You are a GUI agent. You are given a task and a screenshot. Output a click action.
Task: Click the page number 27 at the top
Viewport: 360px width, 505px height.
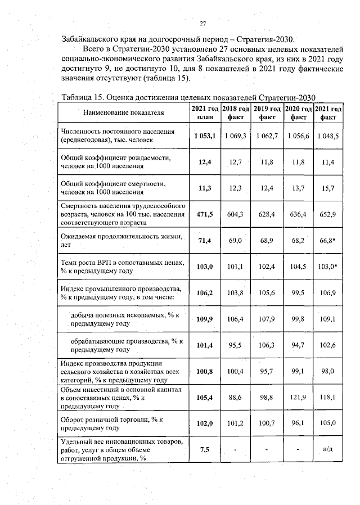pos(203,24)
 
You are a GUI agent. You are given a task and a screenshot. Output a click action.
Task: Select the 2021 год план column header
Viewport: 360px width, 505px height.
pos(205,112)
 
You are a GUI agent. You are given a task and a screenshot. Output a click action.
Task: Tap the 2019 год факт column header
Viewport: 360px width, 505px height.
pos(267,112)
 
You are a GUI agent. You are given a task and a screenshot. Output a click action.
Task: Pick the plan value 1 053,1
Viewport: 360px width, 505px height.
pos(205,136)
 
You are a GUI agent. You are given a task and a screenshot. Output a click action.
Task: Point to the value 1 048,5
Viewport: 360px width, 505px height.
pos(328,136)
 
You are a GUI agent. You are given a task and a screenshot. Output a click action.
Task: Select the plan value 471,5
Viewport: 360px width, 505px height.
pos(205,214)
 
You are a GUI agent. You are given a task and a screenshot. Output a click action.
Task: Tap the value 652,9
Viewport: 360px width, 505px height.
pos(328,214)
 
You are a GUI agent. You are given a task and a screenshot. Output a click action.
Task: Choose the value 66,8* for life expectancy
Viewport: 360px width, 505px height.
pos(328,241)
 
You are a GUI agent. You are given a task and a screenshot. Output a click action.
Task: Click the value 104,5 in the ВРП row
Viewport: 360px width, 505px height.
pos(298,266)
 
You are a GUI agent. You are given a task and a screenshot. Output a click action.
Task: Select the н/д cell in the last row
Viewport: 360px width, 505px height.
pos(328,450)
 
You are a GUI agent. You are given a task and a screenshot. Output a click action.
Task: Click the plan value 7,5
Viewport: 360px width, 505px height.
pos(205,450)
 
